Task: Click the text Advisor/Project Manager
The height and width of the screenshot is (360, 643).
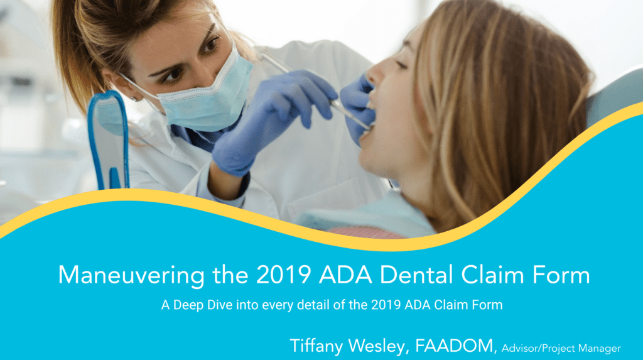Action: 561,347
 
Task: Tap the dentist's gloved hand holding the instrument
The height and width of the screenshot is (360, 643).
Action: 276,113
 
